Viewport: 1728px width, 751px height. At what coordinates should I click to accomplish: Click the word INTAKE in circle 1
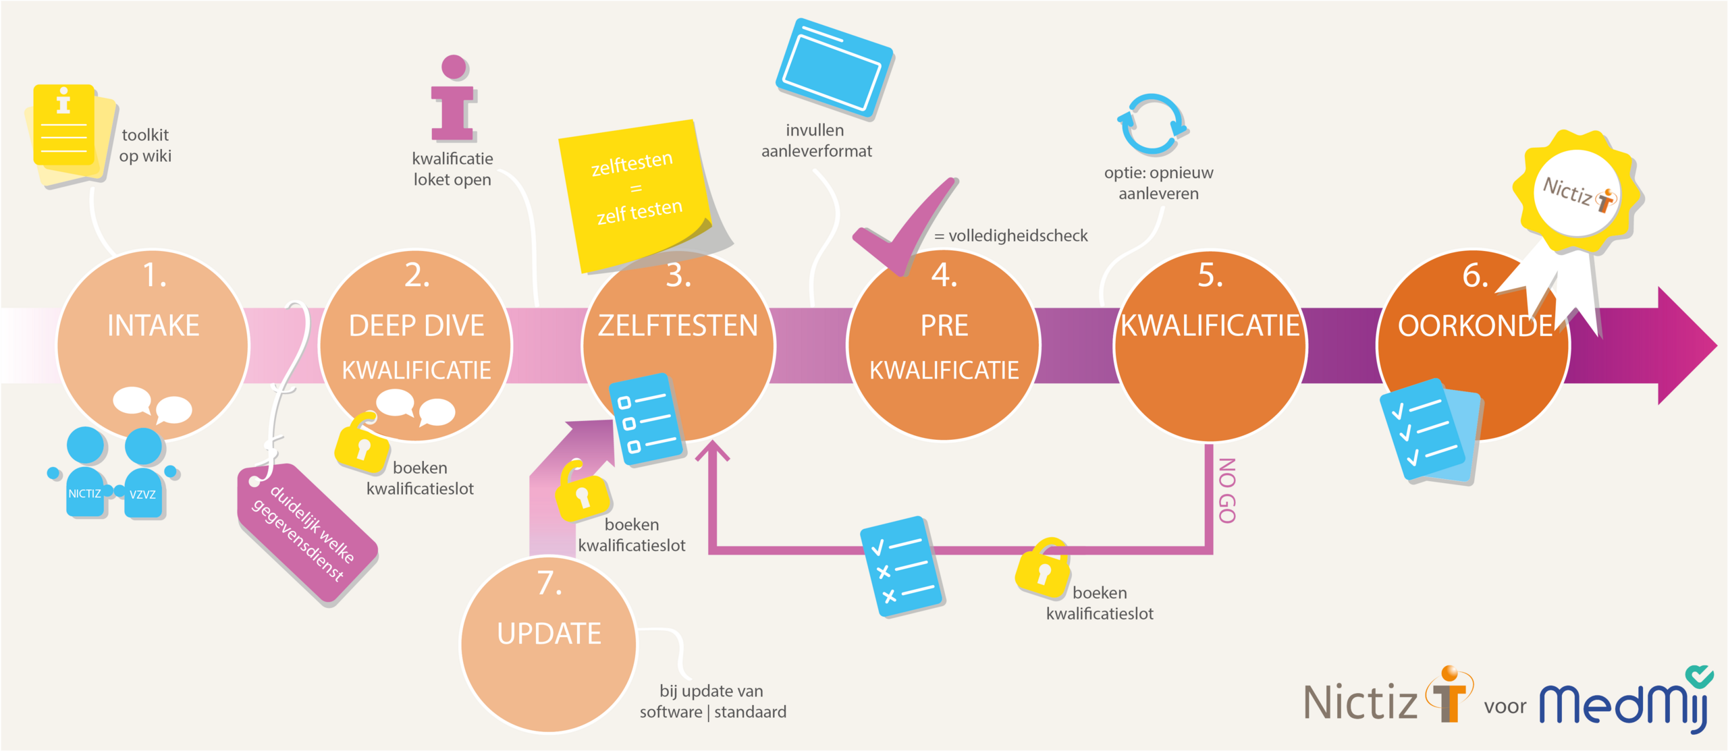pos(153,326)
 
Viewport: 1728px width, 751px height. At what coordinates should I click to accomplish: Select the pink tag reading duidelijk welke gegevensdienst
pos(307,533)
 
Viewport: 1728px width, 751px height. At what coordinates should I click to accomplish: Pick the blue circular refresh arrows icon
pos(1152,125)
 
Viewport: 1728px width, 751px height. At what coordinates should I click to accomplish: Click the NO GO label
pos(1227,490)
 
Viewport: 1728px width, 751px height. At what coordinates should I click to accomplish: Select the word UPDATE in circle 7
pos(549,634)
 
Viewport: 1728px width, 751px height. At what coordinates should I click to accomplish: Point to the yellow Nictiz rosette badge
pos(1577,192)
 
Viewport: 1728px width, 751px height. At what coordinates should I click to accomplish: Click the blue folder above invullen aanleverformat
pos(835,67)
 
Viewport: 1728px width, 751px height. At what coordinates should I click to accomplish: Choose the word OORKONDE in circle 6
pos(1475,326)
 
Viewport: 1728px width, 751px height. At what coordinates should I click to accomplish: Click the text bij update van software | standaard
pos(713,701)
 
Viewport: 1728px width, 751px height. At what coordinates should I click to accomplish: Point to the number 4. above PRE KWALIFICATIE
pos(944,275)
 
